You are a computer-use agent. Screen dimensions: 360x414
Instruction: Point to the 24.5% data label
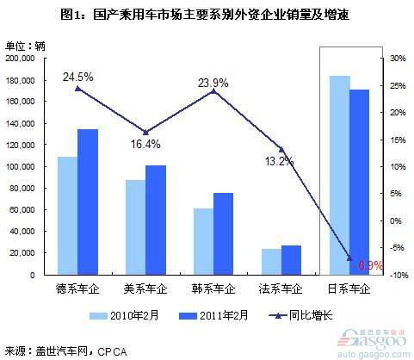pos(77,77)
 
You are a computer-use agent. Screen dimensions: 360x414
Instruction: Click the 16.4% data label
pos(144,144)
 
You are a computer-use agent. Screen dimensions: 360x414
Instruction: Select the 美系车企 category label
pos(145,289)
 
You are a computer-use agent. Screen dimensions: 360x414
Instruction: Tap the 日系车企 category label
pos(349,289)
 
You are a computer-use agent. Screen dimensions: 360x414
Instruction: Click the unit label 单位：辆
pos(25,45)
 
